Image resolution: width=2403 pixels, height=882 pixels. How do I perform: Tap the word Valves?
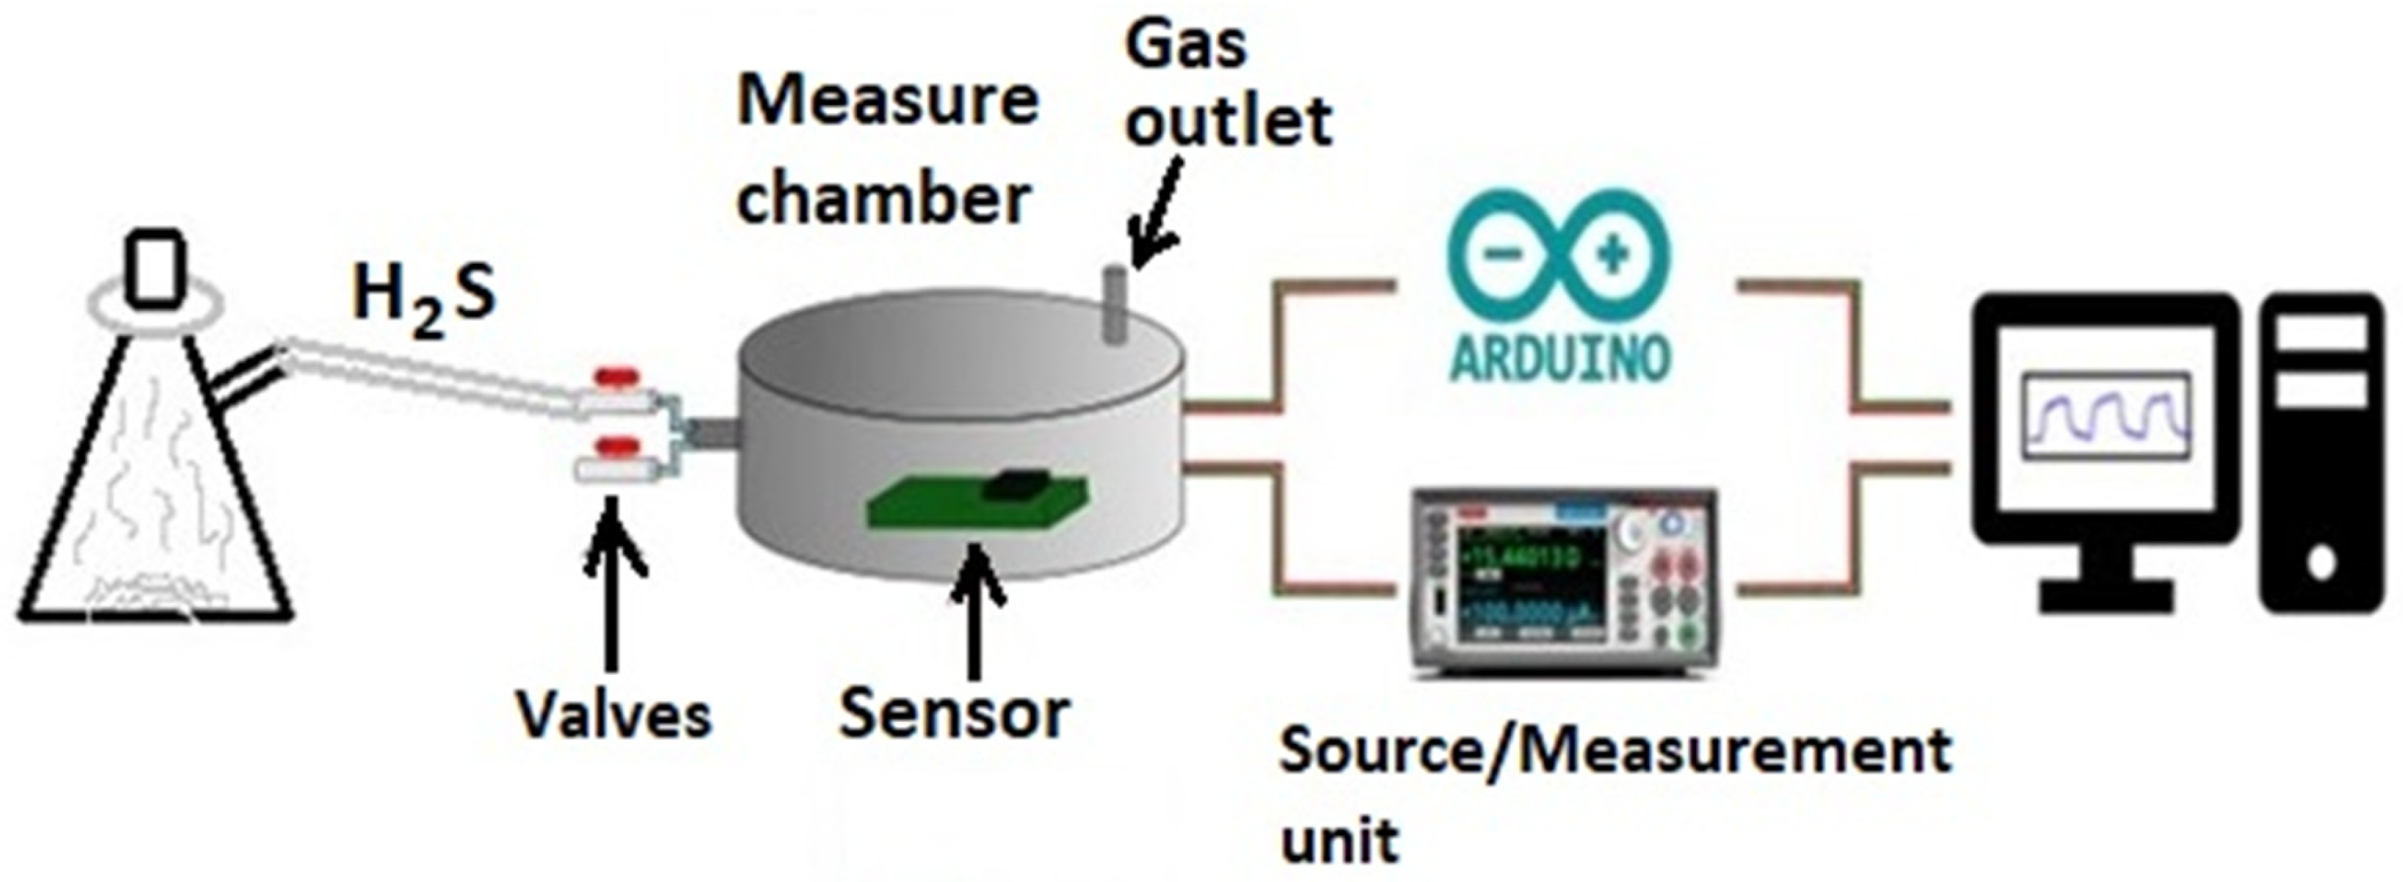614,717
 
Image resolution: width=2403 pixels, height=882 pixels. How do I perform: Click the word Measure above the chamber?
887,103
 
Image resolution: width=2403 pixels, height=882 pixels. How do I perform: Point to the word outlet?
1228,121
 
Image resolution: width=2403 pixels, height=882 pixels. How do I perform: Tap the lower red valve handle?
616,443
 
